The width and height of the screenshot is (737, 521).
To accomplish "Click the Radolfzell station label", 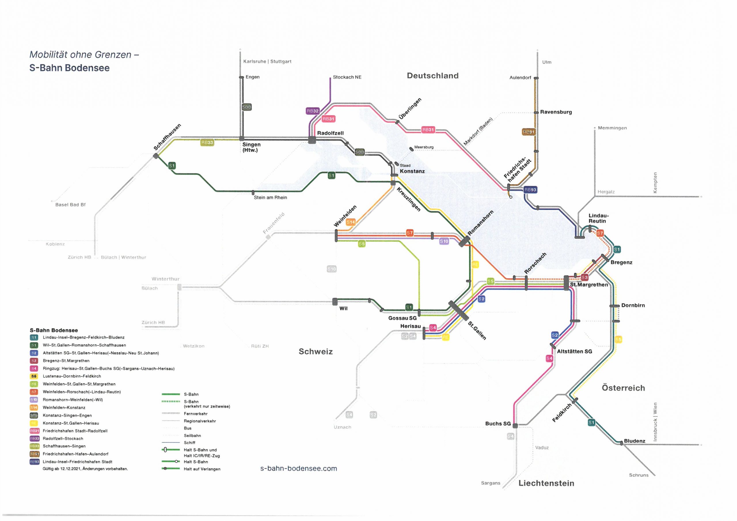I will [330, 133].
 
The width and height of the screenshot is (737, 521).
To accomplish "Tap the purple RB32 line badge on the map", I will [312, 111].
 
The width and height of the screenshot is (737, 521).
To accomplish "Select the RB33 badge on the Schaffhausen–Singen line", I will [207, 142].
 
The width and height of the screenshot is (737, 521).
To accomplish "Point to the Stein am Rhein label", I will [270, 197].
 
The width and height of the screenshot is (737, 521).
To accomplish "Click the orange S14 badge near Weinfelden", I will [351, 222].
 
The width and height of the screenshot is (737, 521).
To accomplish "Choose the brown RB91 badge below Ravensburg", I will [528, 132].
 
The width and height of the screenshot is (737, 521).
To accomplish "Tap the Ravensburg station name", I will [556, 112].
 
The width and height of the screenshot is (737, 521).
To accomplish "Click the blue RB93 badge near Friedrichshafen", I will [530, 190].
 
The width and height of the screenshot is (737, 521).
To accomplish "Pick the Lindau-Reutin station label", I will [598, 218].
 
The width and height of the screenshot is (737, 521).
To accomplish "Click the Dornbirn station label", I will [633, 305].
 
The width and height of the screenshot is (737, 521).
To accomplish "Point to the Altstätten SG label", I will [574, 351].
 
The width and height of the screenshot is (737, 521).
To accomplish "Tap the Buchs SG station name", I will [497, 423].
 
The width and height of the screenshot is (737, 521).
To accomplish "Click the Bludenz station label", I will [634, 441].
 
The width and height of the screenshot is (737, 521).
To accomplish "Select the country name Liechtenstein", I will [546, 483].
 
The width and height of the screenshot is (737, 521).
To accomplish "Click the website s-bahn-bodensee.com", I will [299, 468].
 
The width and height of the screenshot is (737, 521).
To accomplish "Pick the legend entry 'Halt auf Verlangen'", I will [202, 469].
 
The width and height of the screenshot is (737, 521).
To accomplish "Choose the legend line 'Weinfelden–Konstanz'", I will [64, 408].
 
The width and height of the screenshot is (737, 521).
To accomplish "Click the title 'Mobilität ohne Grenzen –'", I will [84, 55].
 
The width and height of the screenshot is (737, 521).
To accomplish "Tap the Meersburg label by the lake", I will [423, 147].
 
